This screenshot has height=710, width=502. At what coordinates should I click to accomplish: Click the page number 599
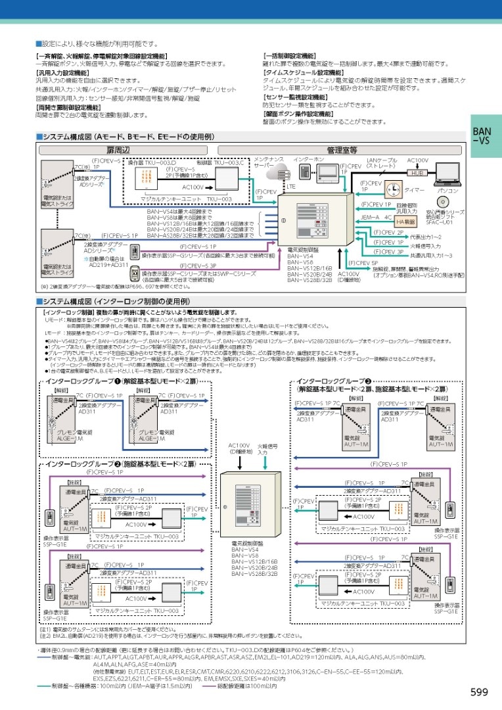[479, 692]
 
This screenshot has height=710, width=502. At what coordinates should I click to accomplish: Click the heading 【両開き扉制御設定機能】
[68, 106]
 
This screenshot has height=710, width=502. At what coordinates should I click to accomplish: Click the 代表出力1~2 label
[425, 237]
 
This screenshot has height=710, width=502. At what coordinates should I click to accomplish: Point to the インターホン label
[309, 160]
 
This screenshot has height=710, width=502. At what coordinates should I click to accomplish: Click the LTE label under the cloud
[291, 187]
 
